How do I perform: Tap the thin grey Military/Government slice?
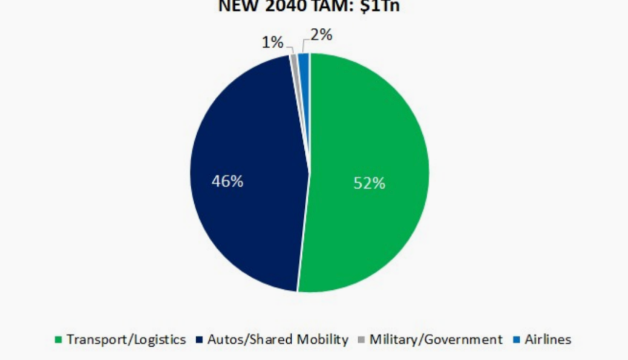294,58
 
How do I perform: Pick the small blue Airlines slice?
304,59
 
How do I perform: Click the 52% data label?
369,183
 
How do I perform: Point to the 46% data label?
227,181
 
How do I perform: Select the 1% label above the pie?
272,42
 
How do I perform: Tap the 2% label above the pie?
321,35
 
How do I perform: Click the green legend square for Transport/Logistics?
59,340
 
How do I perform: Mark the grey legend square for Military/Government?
361,340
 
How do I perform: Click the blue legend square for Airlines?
515,340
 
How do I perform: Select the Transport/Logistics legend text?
126,339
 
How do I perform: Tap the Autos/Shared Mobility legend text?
278,339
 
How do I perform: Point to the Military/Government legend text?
436,339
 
